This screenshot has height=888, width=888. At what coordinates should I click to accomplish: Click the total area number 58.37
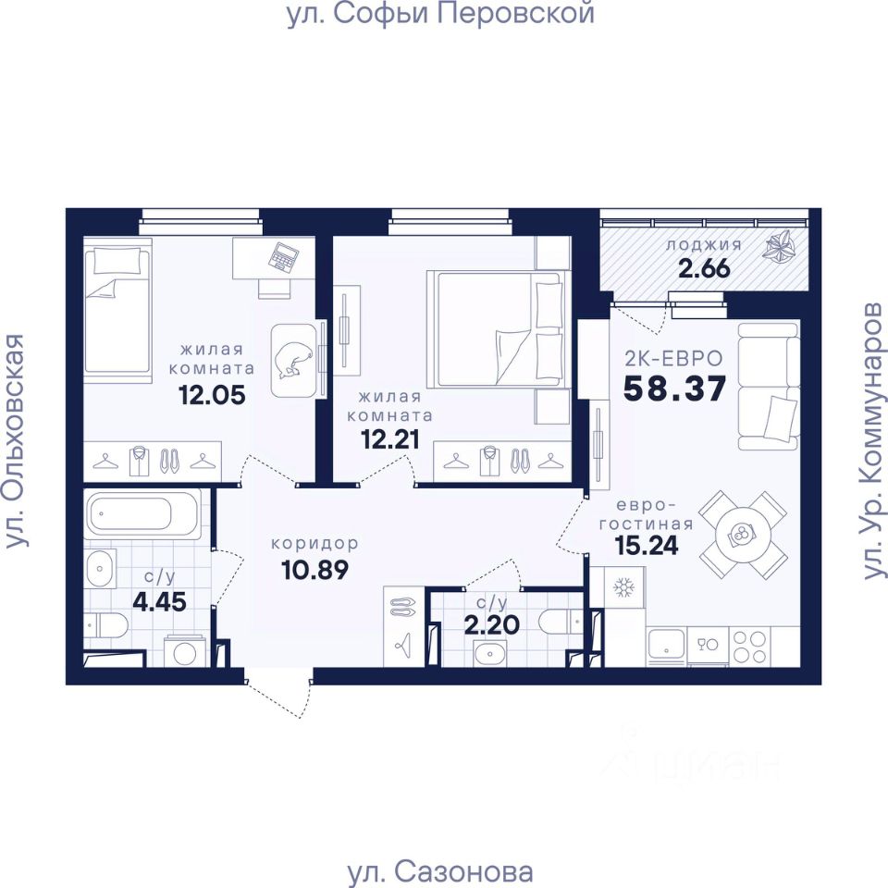point(674,388)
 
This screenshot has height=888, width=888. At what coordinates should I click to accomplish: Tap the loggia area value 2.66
point(704,268)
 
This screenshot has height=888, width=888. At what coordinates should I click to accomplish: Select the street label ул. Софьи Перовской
point(440,14)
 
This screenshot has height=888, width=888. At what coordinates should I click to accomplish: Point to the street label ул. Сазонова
point(440,872)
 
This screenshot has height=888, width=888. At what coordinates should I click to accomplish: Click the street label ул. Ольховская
point(16,440)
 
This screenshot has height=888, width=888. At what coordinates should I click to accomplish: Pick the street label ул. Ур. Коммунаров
point(872,440)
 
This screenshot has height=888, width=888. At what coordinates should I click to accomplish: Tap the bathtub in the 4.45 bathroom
point(142,514)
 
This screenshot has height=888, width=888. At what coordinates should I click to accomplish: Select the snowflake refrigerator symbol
point(624,587)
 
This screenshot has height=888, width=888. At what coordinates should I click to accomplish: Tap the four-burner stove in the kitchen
point(750,646)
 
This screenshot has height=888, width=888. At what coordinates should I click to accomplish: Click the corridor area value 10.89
point(314,569)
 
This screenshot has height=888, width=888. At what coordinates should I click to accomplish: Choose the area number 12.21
point(390,438)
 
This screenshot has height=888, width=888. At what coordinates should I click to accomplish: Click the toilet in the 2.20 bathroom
point(561,622)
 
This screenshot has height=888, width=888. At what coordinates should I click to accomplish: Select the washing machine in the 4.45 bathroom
point(184,652)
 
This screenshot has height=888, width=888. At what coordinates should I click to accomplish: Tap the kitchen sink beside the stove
point(666,645)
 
